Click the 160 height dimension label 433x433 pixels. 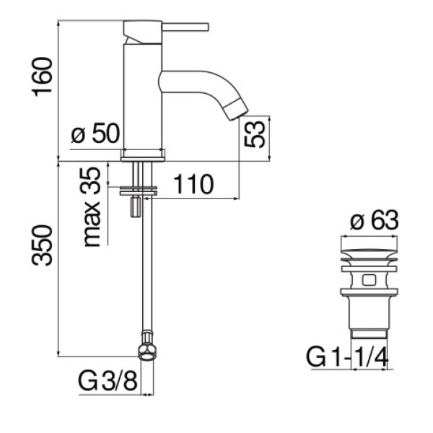43,77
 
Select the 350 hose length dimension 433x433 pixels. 43,245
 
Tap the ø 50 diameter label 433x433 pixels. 95,134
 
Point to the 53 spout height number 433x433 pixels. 255,134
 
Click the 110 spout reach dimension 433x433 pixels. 193,184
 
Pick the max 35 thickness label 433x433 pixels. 90,207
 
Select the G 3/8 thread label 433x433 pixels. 108,381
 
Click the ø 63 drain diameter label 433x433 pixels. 374,220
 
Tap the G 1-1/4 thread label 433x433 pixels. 347,358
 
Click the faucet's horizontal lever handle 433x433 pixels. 185,27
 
